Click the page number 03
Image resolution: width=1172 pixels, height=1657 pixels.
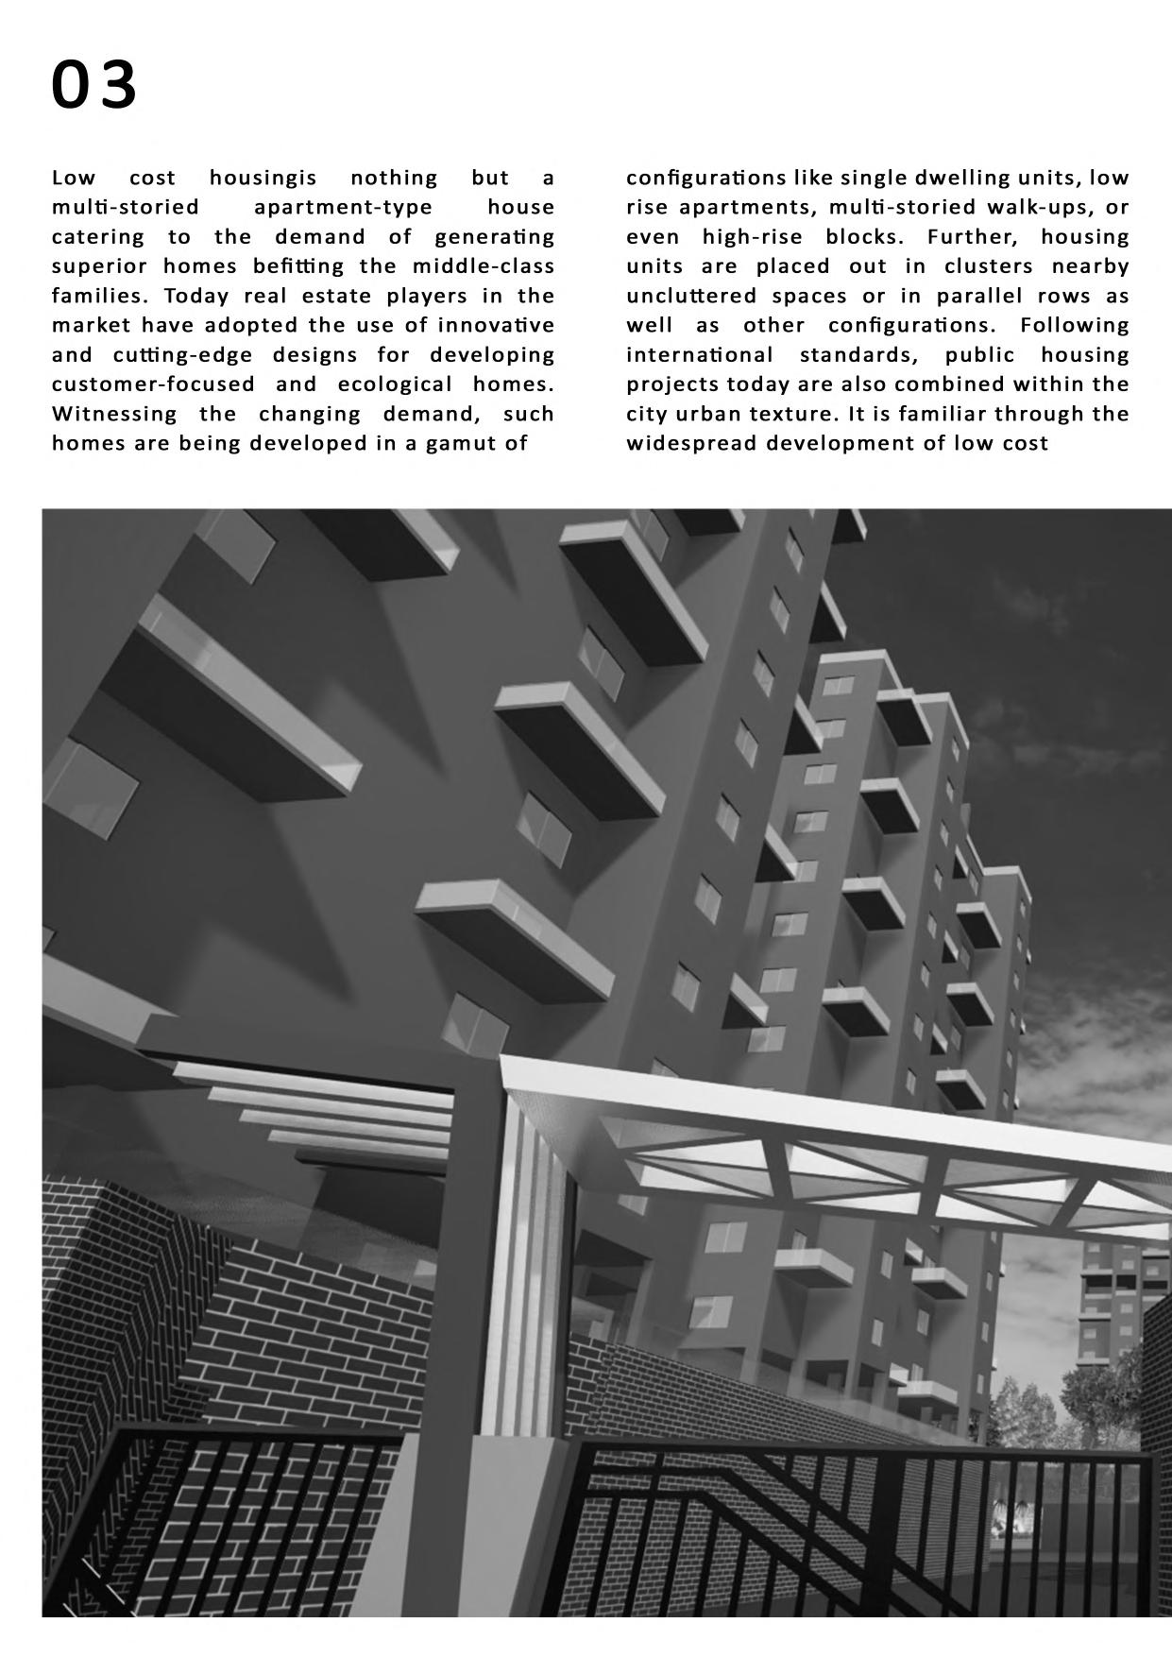pos(94,85)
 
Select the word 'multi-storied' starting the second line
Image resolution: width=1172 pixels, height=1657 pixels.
pos(126,208)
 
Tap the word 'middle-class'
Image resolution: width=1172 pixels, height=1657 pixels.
pos(483,266)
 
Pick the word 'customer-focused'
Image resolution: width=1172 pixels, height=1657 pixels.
pos(153,384)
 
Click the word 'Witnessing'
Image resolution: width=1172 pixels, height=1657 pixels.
pos(114,415)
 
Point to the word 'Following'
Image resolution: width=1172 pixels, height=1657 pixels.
pos(1075,326)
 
